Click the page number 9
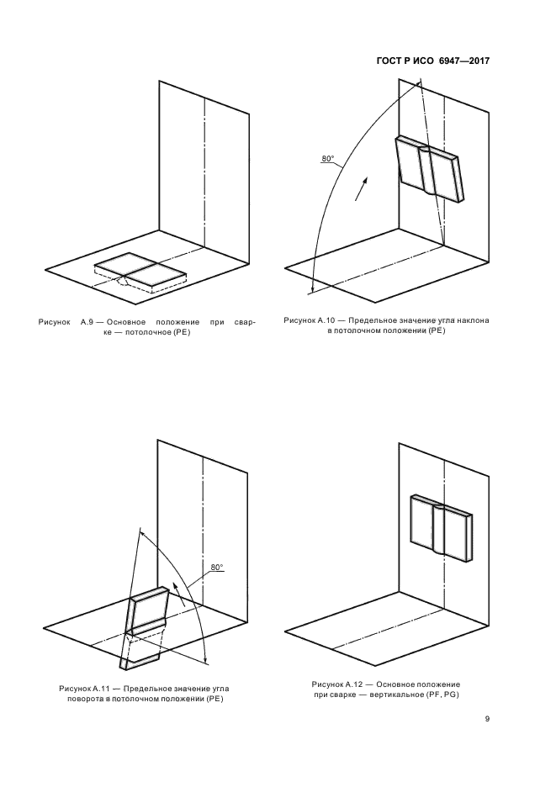(487, 719)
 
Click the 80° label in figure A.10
(328, 159)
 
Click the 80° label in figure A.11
(217, 568)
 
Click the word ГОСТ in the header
(389, 61)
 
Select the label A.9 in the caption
(87, 322)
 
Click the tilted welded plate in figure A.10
(428, 169)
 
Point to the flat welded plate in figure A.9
(140, 272)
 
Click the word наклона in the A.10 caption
(472, 320)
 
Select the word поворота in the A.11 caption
(86, 700)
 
